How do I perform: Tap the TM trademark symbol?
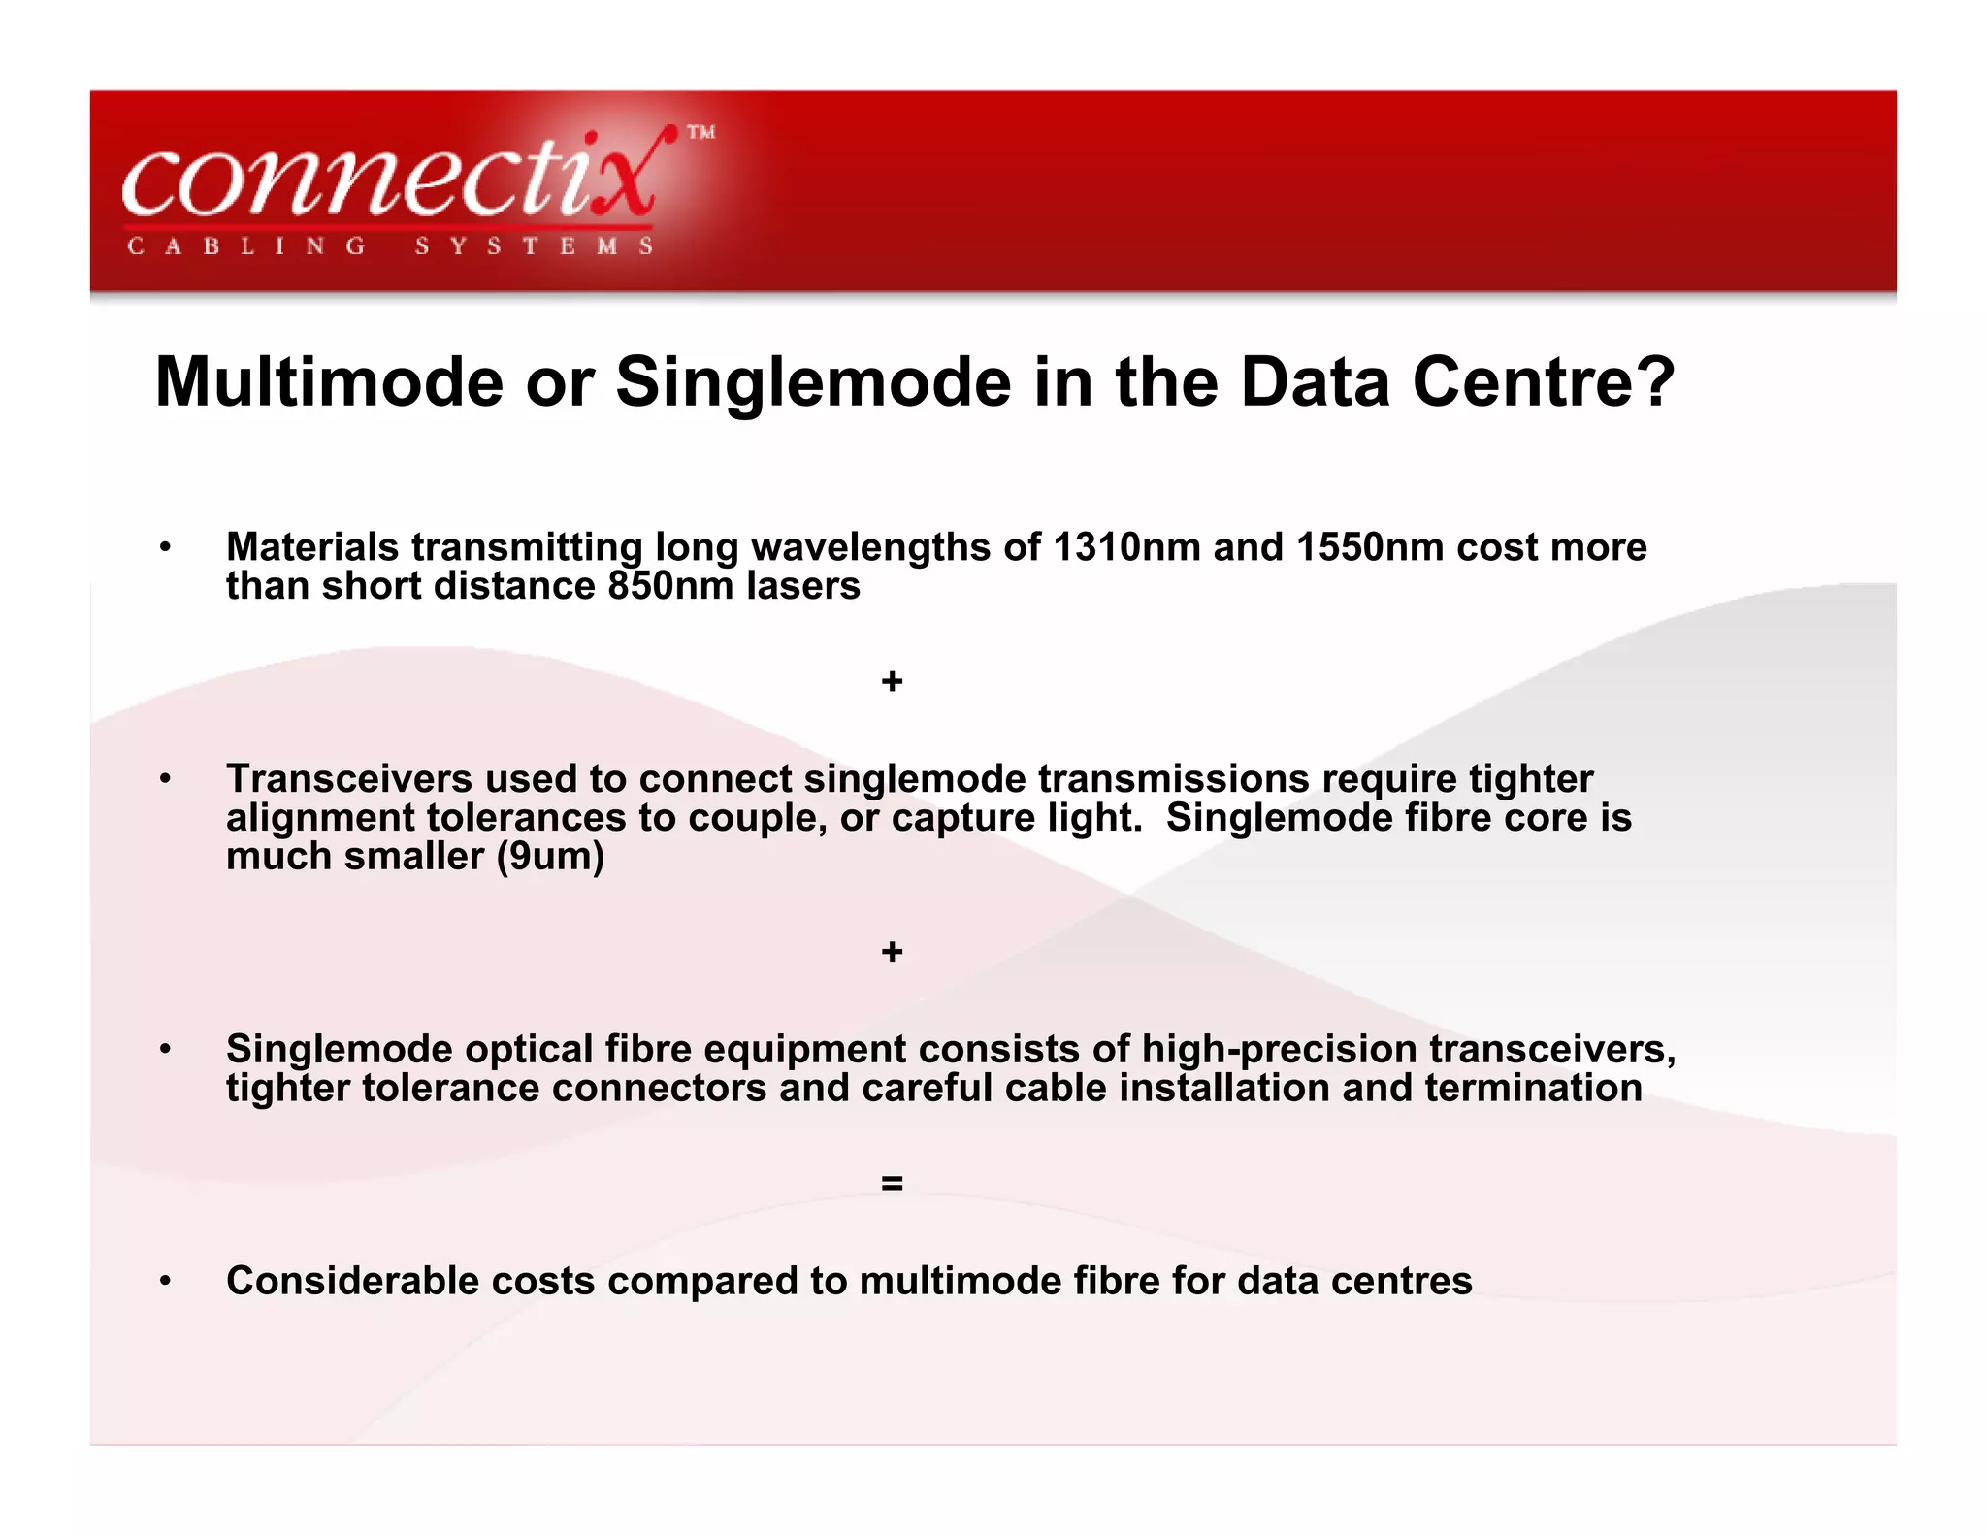pyautogui.click(x=701, y=132)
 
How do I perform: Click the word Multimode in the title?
pyautogui.click(x=329, y=381)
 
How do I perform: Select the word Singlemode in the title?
pyautogui.click(x=813, y=381)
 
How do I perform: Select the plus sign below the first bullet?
pyautogui.click(x=892, y=682)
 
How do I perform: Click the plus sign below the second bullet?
pyautogui.click(x=892, y=952)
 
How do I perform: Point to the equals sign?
pyautogui.click(x=892, y=1183)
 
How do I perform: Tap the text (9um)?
pyautogui.click(x=550, y=856)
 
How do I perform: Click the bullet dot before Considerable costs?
pyautogui.click(x=166, y=1281)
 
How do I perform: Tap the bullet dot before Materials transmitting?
pyautogui.click(x=166, y=548)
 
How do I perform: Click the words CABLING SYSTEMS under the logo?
pyautogui.click(x=391, y=246)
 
